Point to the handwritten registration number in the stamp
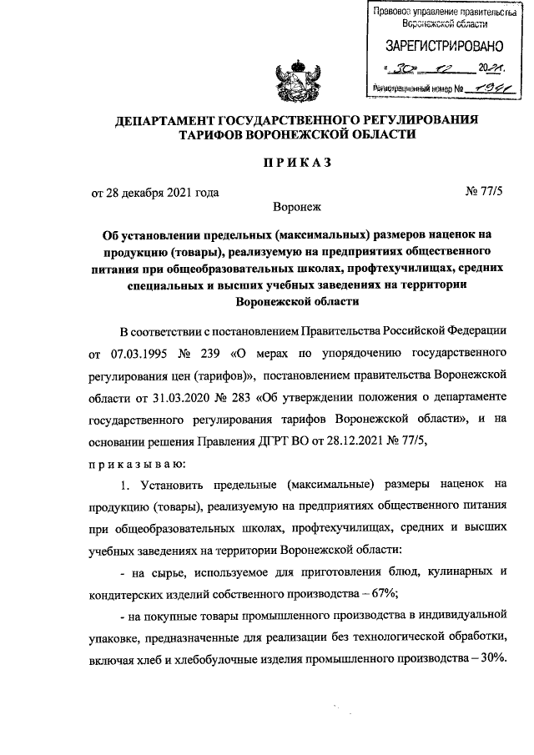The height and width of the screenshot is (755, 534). point(486,86)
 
